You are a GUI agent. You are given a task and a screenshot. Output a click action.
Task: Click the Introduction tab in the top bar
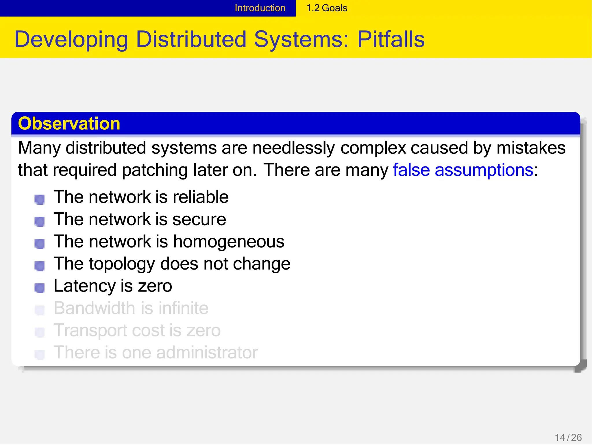[260, 8]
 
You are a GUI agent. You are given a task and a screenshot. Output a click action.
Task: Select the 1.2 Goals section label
[327, 8]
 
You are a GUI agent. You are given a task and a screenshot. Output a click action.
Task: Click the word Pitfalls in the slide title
[391, 39]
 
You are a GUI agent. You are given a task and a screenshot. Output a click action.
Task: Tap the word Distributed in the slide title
[191, 39]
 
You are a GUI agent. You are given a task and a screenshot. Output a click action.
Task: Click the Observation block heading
[69, 124]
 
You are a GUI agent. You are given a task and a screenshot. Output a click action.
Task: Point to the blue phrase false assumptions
[463, 170]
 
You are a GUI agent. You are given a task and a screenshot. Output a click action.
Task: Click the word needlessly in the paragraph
[293, 148]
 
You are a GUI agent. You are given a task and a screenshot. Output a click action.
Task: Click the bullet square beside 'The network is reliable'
[40, 199]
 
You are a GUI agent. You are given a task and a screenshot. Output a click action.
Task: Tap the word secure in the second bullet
[199, 219]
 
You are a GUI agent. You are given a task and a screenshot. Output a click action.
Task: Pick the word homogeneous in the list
[229, 241]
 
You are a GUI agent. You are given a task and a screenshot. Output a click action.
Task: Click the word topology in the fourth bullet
[122, 264]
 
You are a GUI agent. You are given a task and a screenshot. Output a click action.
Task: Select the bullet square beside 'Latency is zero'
[40, 288]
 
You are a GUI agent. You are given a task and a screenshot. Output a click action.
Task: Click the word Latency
[84, 286]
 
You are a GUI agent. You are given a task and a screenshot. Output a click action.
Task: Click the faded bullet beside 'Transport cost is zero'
[40, 332]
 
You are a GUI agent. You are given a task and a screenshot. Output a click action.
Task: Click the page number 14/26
[568, 437]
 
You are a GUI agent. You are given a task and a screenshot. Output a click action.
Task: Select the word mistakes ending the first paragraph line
[531, 148]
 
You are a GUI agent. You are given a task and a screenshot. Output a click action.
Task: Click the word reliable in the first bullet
[201, 197]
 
